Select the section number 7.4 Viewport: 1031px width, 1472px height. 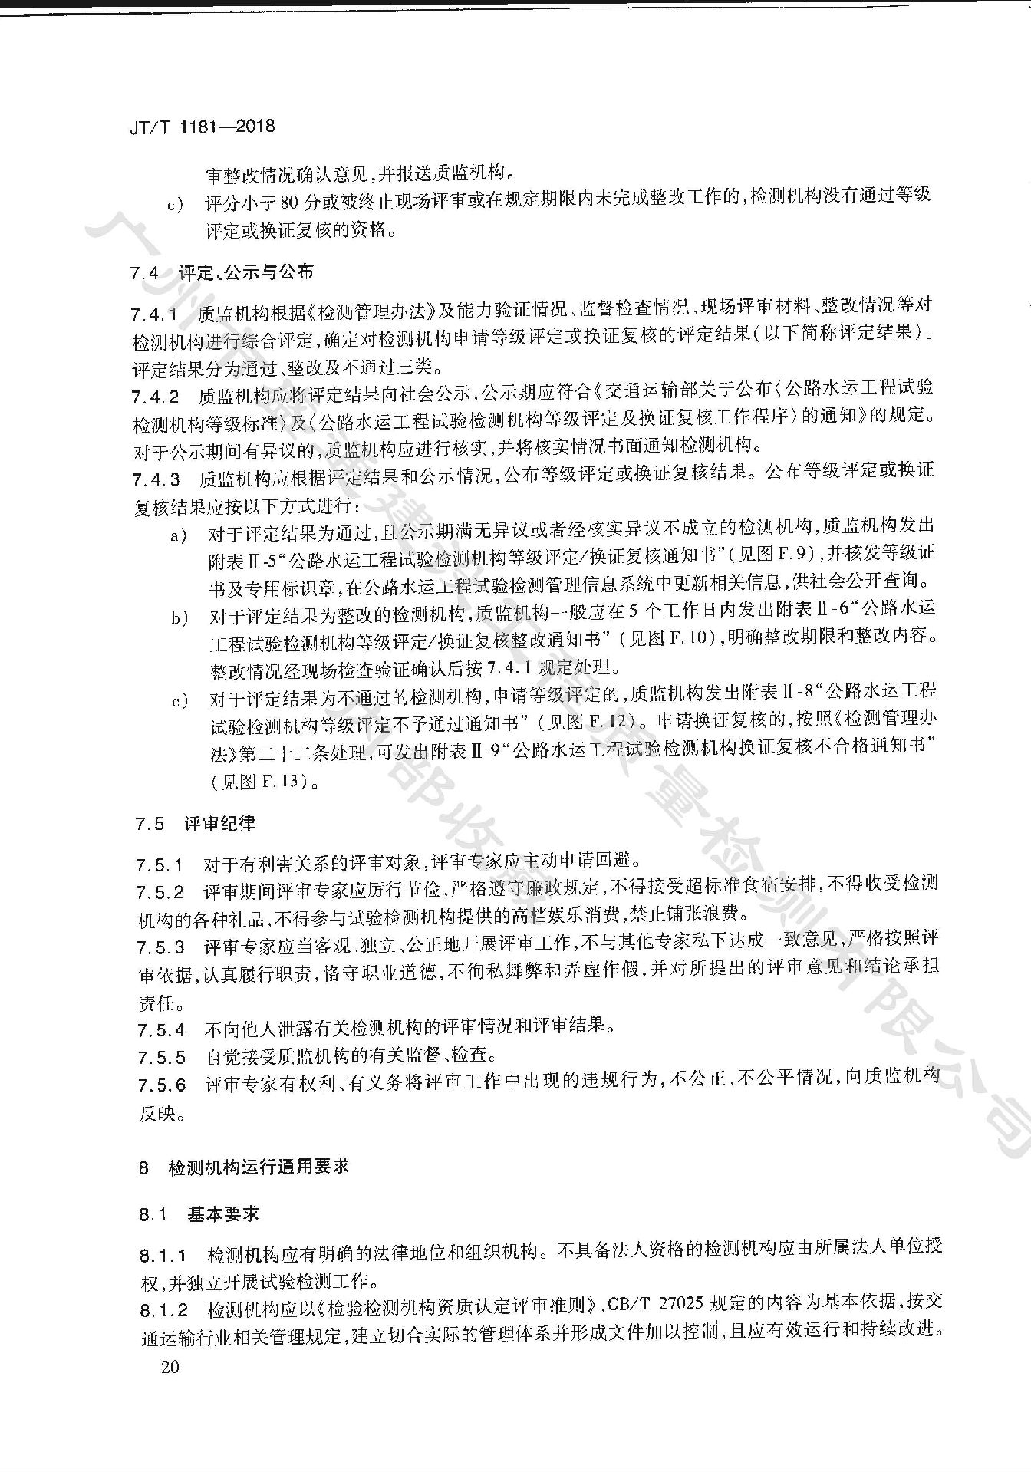click(144, 273)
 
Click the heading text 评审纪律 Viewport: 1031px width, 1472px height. click(220, 824)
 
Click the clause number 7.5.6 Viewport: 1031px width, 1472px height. click(162, 1085)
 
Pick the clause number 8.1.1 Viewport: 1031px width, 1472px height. click(164, 1256)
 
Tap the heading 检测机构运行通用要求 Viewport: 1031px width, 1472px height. click(259, 1167)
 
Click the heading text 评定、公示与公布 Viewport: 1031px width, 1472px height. click(246, 272)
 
